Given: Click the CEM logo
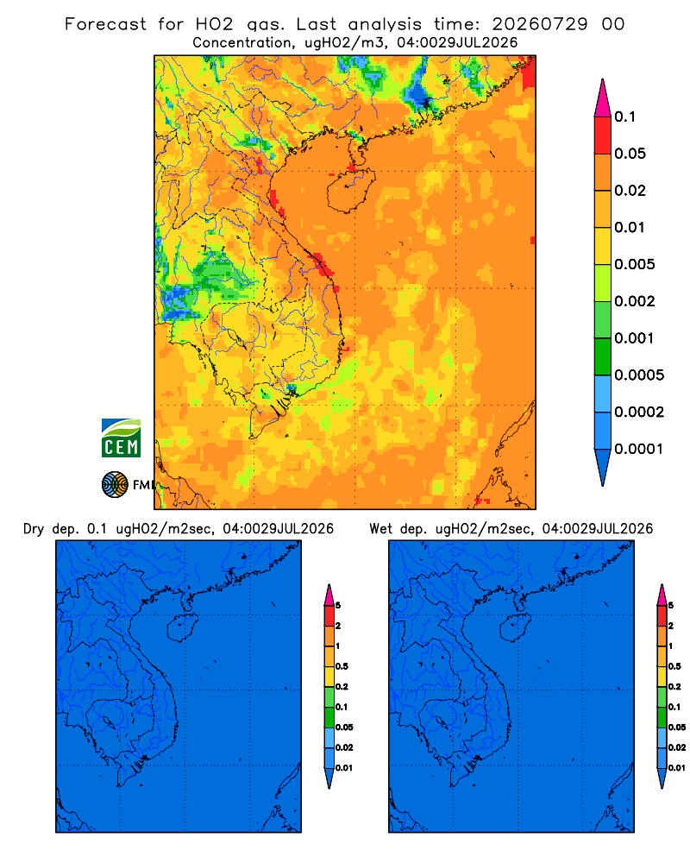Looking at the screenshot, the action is (x=121, y=438).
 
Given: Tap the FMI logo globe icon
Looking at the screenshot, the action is (x=115, y=485).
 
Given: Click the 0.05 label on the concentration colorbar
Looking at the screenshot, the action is (x=630, y=154).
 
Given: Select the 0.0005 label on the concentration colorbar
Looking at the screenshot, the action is (x=639, y=375).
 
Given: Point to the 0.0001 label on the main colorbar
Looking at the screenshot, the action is (x=639, y=449).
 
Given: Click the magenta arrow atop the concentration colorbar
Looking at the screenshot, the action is (x=603, y=98).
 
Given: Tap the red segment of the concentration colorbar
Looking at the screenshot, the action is (x=603, y=135).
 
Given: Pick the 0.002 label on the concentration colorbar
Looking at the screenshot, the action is (x=635, y=301).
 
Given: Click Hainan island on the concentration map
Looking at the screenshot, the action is (x=350, y=191).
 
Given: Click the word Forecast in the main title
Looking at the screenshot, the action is (x=105, y=24).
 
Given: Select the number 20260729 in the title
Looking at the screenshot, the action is (x=540, y=24).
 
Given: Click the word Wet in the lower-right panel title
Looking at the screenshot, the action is (x=380, y=529).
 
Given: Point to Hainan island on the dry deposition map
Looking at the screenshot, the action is (x=181, y=627).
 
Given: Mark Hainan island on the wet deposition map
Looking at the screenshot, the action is (x=515, y=627).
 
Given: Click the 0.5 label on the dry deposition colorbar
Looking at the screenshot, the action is (x=342, y=666).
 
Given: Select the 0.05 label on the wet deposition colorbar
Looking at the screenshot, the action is (x=677, y=727).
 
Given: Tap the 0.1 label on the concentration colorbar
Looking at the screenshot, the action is (x=625, y=117).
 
